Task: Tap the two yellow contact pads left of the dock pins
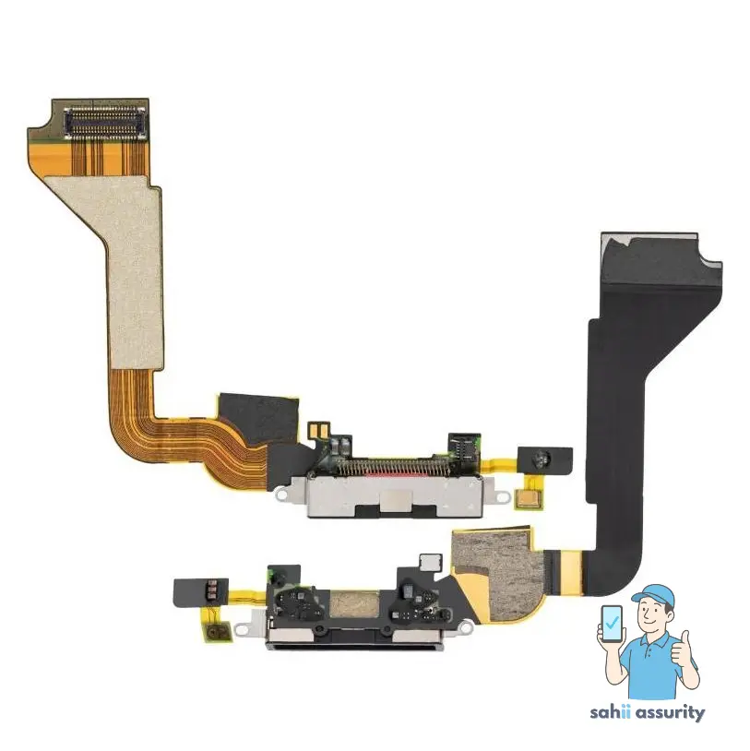[x=315, y=430]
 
